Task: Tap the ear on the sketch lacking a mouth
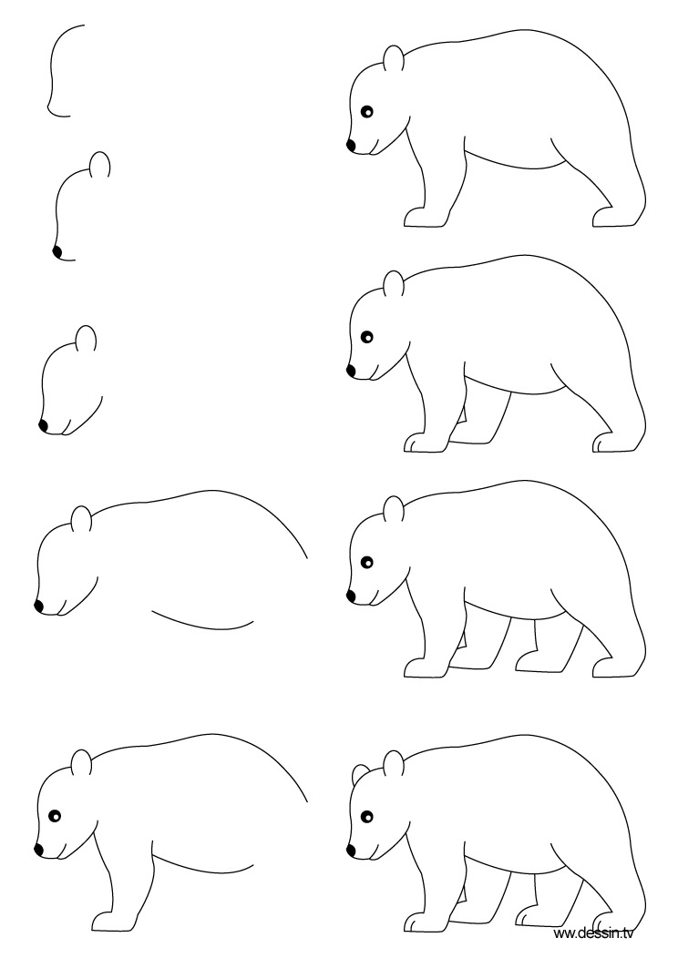100,165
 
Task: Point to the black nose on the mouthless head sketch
57,250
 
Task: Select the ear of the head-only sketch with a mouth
86,338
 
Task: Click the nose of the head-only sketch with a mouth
43,424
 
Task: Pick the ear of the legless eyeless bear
81,520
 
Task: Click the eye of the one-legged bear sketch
54,816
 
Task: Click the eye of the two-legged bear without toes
366,113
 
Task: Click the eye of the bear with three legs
367,337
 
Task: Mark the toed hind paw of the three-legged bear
612,443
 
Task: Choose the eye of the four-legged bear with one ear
367,562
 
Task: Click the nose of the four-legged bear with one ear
351,596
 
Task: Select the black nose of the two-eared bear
351,849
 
